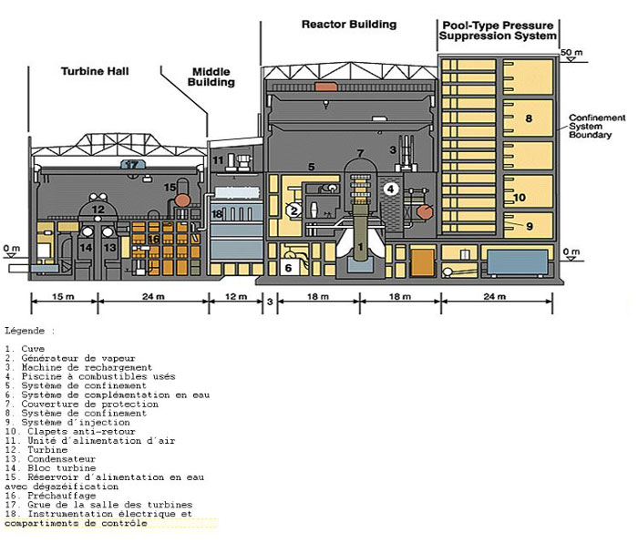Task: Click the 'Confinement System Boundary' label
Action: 597,127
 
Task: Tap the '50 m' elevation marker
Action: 571,51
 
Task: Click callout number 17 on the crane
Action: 133,165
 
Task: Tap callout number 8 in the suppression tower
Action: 528,118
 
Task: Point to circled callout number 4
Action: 390,189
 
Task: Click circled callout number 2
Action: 293,210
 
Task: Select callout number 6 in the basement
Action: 289,268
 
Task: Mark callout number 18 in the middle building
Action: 217,213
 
